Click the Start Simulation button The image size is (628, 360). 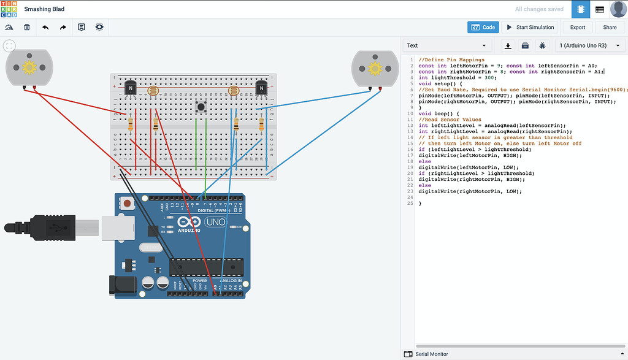pos(530,27)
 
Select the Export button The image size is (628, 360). pos(578,27)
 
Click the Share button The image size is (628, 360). pos(610,27)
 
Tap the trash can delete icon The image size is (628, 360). pos(27,27)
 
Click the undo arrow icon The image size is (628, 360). pos(45,27)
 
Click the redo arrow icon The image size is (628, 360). pos(63,27)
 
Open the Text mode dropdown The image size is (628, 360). pos(446,45)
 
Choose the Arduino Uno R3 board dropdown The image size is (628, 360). pos(589,45)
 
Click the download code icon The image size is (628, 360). pos(508,45)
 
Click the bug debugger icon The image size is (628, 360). pos(542,45)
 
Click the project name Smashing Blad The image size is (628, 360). pos(44,9)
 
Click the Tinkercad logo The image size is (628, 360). pos(10,9)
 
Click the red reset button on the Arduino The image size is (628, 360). pos(128,203)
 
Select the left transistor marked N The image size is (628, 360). pos(130,88)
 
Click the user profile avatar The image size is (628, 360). pos(618,9)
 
